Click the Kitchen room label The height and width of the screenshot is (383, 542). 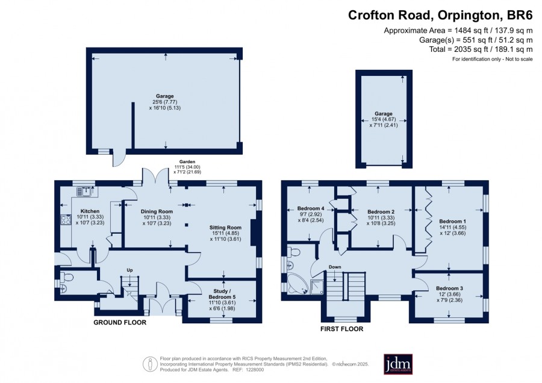(90, 211)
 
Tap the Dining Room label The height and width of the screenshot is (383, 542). (157, 211)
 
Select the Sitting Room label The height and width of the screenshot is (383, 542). (225, 228)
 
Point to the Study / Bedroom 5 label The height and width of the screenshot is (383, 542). (222, 294)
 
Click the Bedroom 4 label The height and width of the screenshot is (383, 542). (311, 208)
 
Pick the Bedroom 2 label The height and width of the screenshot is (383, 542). (381, 211)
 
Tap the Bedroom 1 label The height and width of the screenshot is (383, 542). (453, 221)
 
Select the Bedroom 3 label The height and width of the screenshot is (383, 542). (449, 288)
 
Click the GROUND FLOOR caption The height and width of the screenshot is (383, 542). (120, 323)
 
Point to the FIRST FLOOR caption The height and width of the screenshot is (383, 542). (342, 329)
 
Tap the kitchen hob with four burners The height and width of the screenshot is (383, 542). (66, 220)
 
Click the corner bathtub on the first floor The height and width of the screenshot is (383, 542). (296, 284)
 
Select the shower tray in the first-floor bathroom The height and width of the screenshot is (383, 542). (317, 287)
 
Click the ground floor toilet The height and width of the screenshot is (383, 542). (67, 277)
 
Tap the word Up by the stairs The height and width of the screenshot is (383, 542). (129, 270)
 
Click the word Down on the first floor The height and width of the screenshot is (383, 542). (335, 267)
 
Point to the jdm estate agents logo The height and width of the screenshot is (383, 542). (398, 364)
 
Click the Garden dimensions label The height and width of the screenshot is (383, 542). (187, 167)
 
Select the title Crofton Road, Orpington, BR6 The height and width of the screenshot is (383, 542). (440, 15)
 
